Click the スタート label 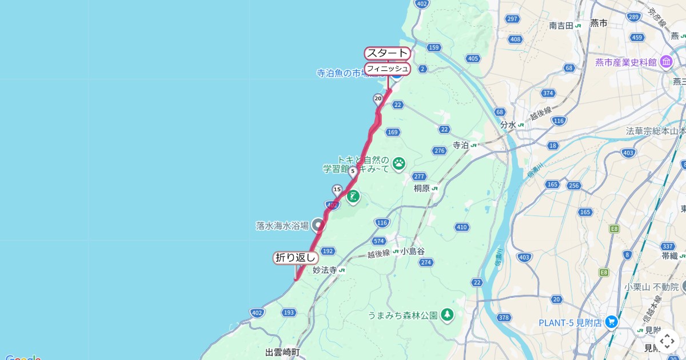pos(388,53)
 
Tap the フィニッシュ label pos(388,69)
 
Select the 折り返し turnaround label pos(296,258)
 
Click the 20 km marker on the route pos(378,98)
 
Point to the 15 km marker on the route pos(337,189)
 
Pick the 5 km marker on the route pos(353,170)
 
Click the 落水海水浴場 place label pos(282,226)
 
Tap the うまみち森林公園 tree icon pos(447,314)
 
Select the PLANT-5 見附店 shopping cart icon pos(612,322)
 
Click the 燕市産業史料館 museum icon pos(666,62)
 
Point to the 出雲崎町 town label pos(282,352)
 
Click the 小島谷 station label pos(413,251)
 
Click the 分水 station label pos(508,125)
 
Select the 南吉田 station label pos(561,25)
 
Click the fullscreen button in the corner pos(667,341)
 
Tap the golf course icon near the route pos(353,197)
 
